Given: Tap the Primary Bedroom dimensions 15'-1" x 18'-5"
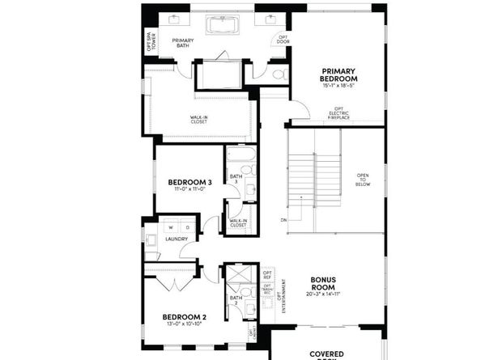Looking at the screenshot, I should (338, 84).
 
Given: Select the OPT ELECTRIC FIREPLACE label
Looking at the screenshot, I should (339, 115).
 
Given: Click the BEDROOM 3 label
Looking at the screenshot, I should (189, 183).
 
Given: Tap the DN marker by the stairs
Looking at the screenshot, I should (283, 219).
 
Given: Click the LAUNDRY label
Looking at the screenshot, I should (177, 239).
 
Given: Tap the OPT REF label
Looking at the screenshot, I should (267, 275).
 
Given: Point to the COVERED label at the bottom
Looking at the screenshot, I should (327, 354).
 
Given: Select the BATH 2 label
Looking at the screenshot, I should (236, 300).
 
